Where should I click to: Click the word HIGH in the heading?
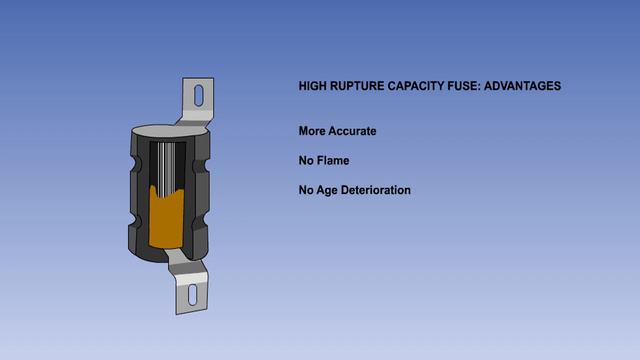(x=313, y=86)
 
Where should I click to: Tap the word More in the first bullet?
(x=311, y=131)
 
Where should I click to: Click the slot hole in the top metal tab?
(x=197, y=96)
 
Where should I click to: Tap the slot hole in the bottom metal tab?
(x=192, y=296)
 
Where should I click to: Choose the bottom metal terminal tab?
(x=190, y=285)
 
